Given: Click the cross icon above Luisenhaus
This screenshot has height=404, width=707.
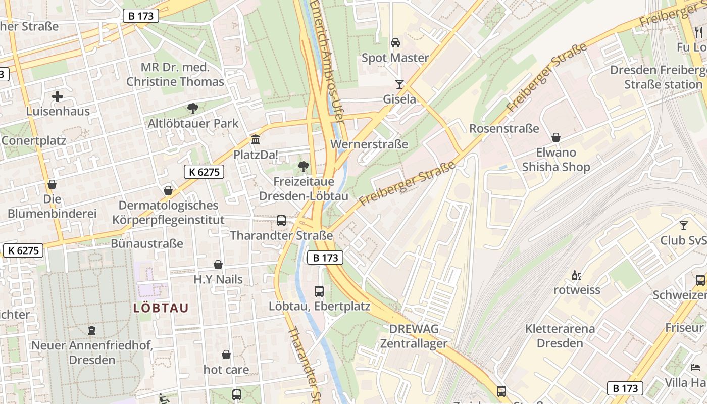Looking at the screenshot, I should (58, 96).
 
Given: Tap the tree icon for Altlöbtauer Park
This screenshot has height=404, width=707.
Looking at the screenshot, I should (192, 108).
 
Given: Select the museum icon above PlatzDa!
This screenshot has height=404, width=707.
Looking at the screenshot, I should (256, 139).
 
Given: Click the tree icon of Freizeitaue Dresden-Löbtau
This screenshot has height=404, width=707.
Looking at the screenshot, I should (304, 166).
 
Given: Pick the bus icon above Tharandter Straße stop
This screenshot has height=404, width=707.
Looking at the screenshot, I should (281, 221).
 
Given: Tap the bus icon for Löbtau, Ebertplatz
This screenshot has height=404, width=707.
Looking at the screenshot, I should (319, 291).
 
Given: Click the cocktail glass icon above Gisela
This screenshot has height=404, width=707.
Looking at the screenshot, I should (399, 84).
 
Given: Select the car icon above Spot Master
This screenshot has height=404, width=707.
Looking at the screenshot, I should (395, 42).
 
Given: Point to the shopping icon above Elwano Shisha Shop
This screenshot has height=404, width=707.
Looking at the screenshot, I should (556, 137).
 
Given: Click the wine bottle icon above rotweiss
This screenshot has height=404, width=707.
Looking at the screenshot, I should (576, 275).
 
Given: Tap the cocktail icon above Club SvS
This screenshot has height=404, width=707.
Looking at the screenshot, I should (684, 225).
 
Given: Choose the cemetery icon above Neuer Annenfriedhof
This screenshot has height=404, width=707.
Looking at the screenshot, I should (92, 330).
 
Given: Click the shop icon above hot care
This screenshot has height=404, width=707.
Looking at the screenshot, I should (226, 355).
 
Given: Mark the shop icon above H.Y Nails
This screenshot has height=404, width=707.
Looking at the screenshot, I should (218, 265).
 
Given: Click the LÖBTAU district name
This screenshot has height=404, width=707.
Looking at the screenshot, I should (161, 308).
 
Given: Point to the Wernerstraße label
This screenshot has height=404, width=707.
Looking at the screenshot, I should (369, 144).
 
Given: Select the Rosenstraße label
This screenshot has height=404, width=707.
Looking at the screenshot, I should (504, 129).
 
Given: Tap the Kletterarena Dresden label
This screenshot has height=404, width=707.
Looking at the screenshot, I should (560, 336).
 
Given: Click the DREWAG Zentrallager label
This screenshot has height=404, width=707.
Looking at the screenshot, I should (414, 336).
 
